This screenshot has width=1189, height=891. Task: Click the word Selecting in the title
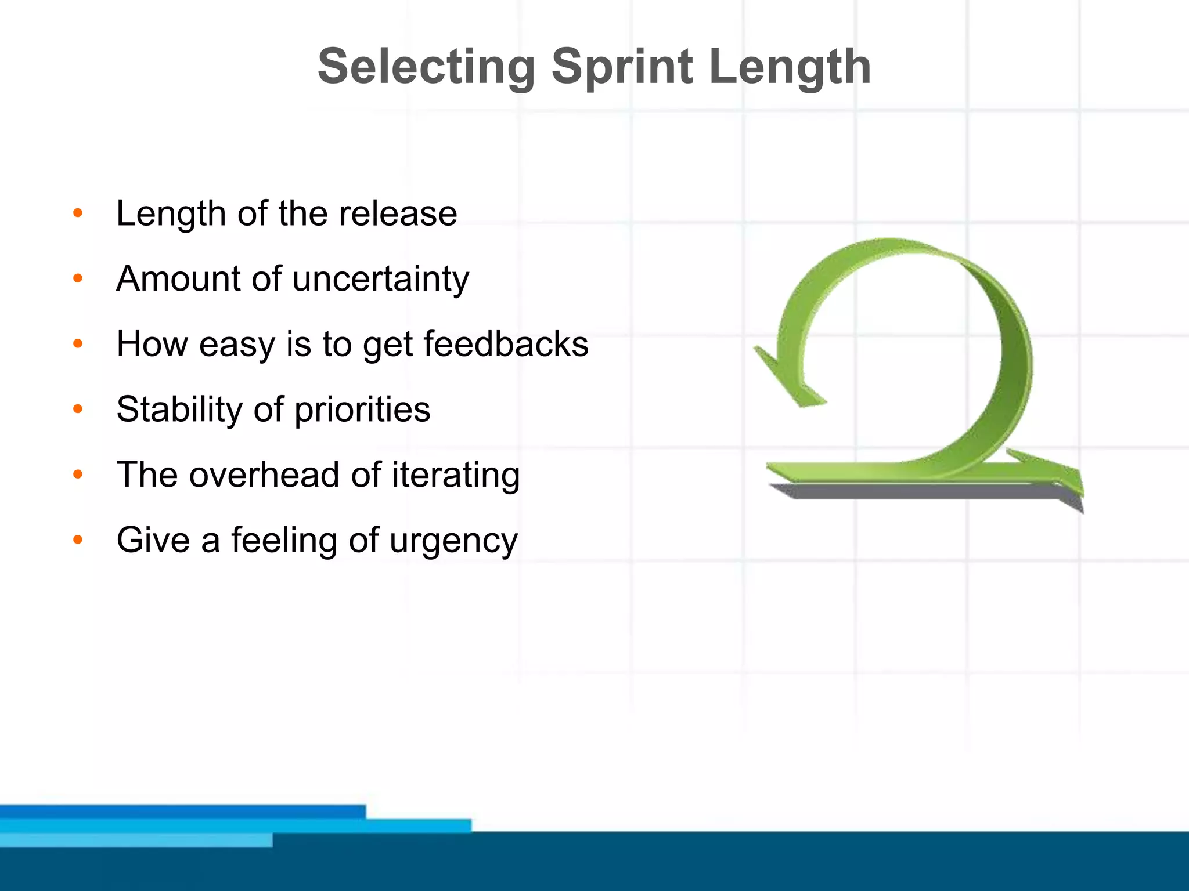(426, 67)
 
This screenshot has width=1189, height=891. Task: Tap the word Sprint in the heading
(622, 67)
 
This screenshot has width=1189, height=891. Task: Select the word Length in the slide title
(790, 67)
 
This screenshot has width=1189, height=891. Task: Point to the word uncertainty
(380, 280)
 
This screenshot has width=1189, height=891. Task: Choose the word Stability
(179, 410)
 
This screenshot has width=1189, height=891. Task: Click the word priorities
(362, 410)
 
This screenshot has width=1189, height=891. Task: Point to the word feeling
(284, 541)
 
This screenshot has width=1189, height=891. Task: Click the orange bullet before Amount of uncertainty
(78, 279)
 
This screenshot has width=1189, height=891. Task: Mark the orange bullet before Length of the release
(78, 213)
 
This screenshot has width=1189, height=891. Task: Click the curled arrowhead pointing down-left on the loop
(790, 383)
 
